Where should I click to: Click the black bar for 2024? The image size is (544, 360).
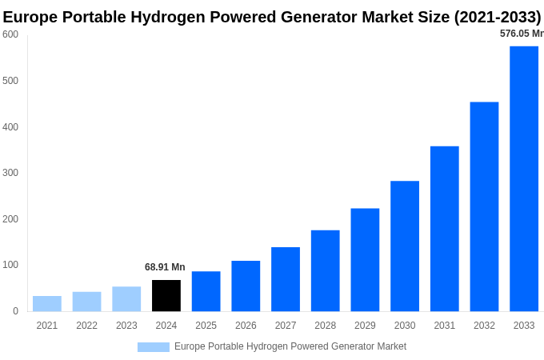(x=166, y=295)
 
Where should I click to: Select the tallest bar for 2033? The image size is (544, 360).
(x=524, y=178)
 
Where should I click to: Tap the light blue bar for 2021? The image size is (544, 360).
(x=47, y=303)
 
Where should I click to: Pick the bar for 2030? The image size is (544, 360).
(x=405, y=246)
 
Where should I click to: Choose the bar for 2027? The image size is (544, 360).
(x=286, y=279)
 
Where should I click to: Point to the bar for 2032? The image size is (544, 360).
(x=484, y=206)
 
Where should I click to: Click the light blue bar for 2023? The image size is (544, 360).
(x=126, y=298)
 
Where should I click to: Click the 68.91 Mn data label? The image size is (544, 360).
(x=165, y=267)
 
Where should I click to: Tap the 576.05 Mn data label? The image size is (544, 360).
(x=521, y=34)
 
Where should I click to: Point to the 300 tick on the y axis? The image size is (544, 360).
(x=10, y=173)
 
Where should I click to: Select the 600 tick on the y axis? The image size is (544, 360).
(x=10, y=34)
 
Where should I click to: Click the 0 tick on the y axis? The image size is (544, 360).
(x=15, y=311)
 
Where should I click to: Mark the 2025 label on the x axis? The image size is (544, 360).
(x=206, y=326)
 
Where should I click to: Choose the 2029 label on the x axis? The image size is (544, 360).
(x=365, y=326)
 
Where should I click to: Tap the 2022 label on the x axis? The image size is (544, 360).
(x=86, y=326)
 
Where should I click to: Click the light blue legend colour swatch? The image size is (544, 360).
(x=153, y=347)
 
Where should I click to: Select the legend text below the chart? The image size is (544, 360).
(x=290, y=346)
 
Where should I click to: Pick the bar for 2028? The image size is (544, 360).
(x=325, y=270)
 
